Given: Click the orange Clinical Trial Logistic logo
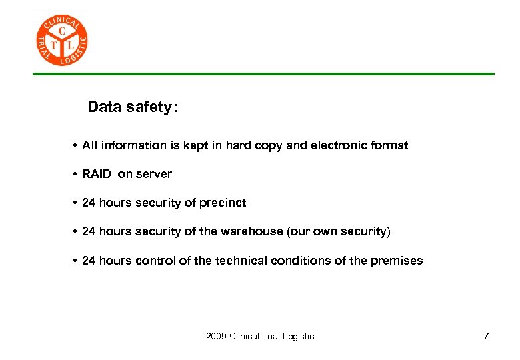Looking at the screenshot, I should click(61, 41).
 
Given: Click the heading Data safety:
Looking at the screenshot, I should click(133, 107).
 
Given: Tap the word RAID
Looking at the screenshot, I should click(97, 174).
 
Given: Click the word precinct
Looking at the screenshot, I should click(223, 203).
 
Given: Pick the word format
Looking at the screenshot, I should click(391, 145).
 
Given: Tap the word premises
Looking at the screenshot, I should click(397, 261).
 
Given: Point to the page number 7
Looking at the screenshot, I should click(486, 336).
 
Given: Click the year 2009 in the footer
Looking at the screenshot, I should click(216, 336).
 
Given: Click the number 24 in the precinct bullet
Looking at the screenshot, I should click(89, 203).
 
